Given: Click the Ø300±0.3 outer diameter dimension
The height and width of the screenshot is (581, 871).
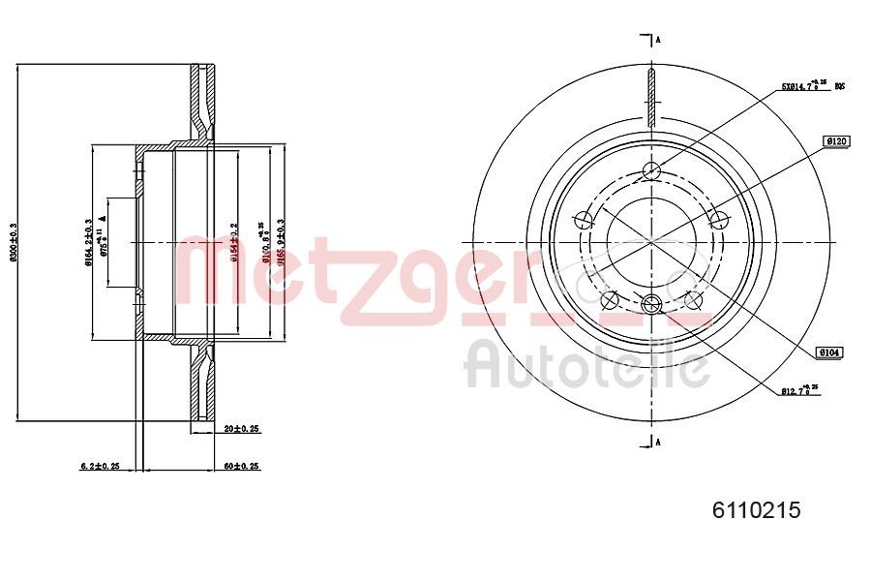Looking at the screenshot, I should pyautogui.click(x=13, y=242).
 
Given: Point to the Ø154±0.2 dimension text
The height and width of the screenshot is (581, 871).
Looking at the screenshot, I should pyautogui.click(x=232, y=242).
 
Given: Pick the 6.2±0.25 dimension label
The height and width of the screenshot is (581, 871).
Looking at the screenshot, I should pyautogui.click(x=100, y=466).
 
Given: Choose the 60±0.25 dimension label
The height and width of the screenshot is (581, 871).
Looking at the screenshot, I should pyautogui.click(x=242, y=466).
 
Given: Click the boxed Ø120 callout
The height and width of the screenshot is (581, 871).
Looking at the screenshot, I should pyautogui.click(x=836, y=141).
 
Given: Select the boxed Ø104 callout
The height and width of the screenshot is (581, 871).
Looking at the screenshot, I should pyautogui.click(x=829, y=353).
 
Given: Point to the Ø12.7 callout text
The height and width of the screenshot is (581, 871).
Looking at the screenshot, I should pyautogui.click(x=799, y=390).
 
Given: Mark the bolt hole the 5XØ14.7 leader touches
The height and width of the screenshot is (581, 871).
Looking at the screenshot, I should pyautogui.click(x=650, y=171).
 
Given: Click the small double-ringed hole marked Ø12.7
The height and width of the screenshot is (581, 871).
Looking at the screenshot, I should pyautogui.click(x=650, y=303).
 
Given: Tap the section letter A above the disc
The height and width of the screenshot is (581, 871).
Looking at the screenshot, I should pyautogui.click(x=658, y=40).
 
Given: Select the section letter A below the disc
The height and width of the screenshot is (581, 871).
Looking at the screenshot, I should pyautogui.click(x=658, y=443).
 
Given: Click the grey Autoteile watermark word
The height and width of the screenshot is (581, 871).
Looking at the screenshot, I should pyautogui.click(x=587, y=363).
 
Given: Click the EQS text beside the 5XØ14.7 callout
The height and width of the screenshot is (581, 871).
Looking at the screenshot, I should pyautogui.click(x=840, y=87).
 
